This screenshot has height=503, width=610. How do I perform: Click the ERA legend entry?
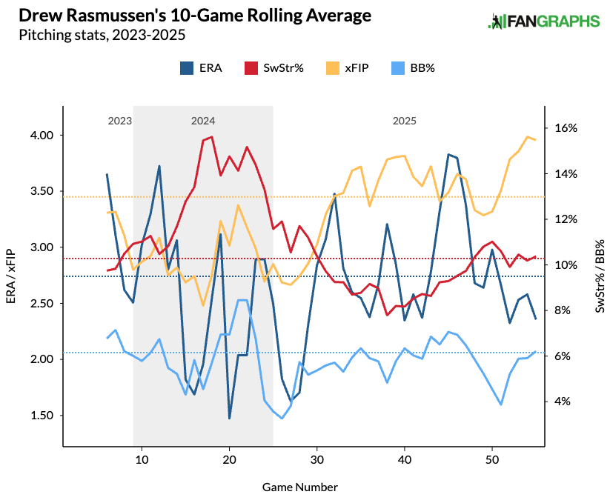coord(201,67)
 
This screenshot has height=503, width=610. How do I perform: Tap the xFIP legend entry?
coord(347,67)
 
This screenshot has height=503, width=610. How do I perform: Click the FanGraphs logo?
coord(543,21)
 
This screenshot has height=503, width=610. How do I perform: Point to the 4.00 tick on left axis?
coord(42,136)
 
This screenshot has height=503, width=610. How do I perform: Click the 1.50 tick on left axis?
coord(42,416)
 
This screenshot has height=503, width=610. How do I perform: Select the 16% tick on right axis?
coord(566,128)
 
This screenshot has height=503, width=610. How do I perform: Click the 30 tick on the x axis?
coord(317,460)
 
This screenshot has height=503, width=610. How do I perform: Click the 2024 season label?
coord(203,120)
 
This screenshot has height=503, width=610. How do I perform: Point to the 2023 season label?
coord(119,120)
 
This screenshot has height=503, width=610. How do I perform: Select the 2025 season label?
coord(405,120)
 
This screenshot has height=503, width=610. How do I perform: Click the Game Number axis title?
coord(299,487)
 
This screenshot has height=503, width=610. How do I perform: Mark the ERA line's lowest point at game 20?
coord(230,419)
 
